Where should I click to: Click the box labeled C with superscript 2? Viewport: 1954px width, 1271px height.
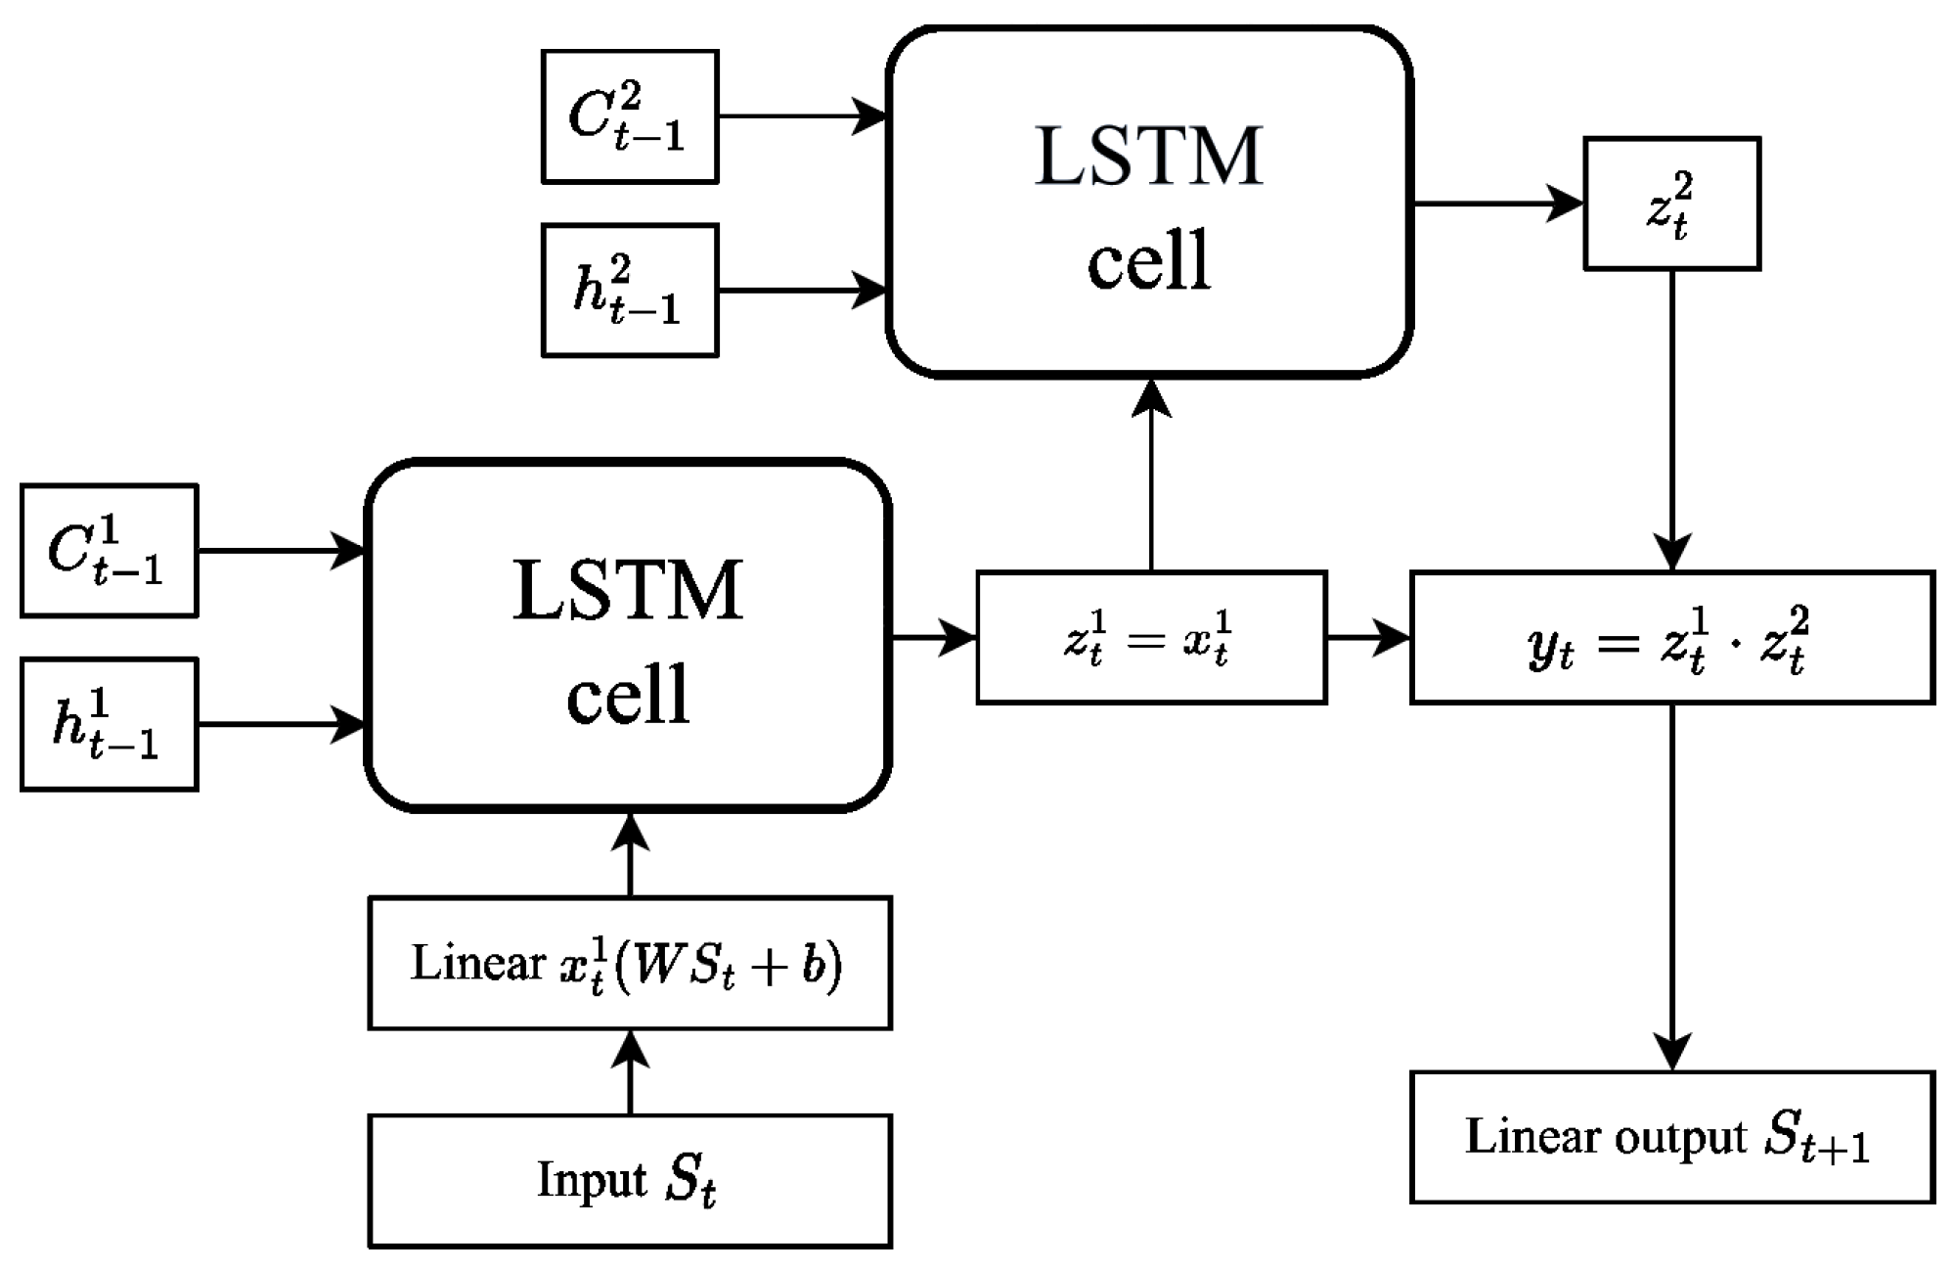point(630,116)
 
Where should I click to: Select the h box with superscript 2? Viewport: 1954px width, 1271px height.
point(630,291)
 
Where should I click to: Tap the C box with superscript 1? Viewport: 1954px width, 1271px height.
point(109,551)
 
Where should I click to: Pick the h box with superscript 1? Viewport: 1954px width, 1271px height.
point(109,724)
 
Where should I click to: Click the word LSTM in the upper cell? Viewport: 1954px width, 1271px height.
point(1148,157)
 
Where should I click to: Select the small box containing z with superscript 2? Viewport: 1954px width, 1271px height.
point(1671,204)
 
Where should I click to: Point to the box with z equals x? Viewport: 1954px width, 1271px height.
point(1151,638)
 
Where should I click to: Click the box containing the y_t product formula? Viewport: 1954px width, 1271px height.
point(1671,638)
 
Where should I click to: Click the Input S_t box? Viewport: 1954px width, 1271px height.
point(630,1180)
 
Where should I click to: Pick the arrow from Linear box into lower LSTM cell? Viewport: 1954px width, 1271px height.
point(630,854)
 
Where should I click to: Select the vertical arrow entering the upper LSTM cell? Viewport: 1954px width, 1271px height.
point(1151,476)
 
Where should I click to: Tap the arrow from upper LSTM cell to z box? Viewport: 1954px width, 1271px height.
point(1496,204)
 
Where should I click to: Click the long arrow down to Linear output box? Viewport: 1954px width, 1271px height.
point(1671,885)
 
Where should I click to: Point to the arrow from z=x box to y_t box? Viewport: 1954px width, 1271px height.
point(1367,638)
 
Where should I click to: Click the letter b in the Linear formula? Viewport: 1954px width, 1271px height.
point(816,965)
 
